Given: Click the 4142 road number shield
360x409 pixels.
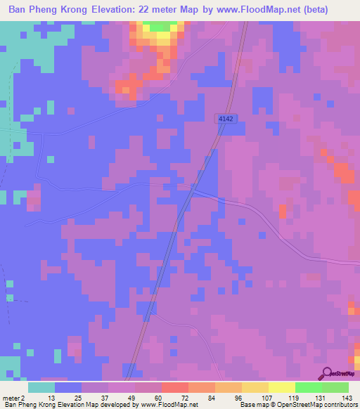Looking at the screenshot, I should pos(225,120).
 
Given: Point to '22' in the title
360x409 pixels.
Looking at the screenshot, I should pos(164,11).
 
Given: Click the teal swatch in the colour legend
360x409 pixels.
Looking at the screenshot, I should pos(41,387).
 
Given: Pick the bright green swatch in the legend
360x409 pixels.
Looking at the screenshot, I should pos(309,387).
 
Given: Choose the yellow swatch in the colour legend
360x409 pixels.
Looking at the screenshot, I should pos(255,387).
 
